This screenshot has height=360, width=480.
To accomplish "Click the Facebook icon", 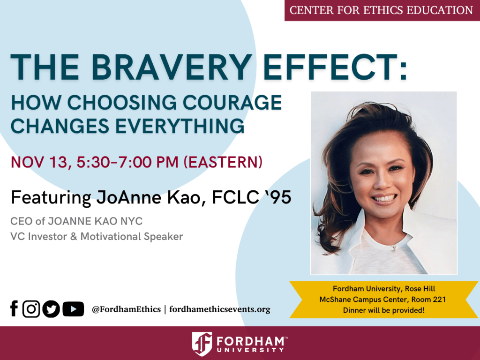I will (14, 309).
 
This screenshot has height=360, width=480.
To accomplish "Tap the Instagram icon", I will (31, 309).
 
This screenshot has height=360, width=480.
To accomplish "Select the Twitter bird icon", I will (51, 309).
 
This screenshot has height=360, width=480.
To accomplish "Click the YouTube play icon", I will (73, 309).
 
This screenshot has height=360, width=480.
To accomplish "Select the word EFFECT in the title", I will (341, 67).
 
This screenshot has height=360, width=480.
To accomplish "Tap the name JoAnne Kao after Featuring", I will (152, 197).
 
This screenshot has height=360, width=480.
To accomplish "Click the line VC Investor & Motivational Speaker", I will (97, 236).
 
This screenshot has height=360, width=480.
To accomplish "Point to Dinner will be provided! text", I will (384, 310).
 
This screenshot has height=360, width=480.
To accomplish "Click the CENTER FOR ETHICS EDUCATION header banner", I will (382, 10).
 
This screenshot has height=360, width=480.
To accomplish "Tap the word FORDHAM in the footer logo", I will (250, 339).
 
